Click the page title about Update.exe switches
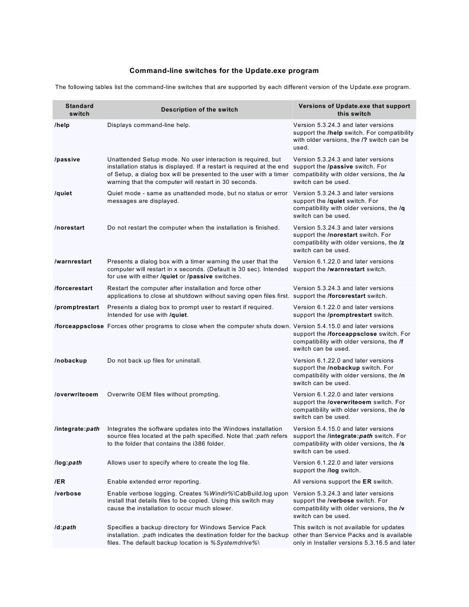pos(224,71)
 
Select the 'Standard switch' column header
pos(79,109)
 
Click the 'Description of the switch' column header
pos(199,109)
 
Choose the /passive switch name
pos(67,160)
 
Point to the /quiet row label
pos(63,193)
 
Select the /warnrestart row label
pos(72,262)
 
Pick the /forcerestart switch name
pos(74,288)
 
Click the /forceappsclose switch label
pos(78,326)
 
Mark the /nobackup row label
pos(70,361)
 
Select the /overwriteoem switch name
pos(76,395)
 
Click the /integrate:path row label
pos(77,429)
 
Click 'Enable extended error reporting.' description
pos(154,482)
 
